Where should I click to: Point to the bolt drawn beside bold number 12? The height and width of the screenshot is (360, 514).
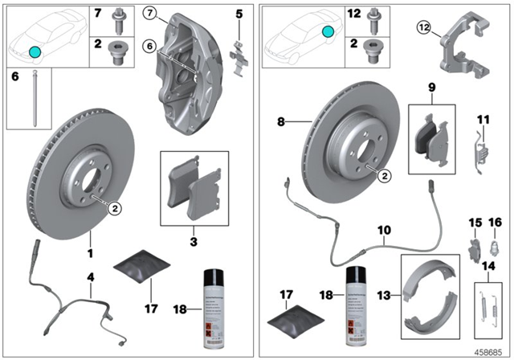(372, 15)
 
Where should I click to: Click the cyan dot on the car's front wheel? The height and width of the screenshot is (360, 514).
(34, 51)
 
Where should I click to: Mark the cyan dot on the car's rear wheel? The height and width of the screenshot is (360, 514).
(327, 31)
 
